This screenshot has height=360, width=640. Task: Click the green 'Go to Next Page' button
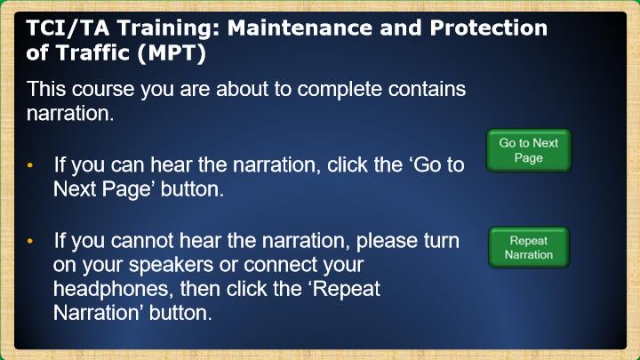point(529,150)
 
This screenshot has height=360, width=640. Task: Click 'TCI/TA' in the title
point(68,28)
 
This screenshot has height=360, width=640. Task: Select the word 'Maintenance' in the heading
point(300,28)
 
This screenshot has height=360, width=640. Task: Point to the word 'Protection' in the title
point(488,28)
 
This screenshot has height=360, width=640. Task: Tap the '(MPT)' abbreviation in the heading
point(172,53)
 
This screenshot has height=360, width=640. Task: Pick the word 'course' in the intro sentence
point(103,90)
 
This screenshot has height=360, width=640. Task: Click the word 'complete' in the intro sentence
point(340,90)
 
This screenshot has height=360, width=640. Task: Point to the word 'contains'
point(427,89)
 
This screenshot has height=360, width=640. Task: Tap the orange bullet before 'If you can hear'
point(30,165)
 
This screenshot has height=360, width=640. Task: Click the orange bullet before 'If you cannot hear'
point(30,241)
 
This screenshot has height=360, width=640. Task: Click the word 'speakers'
point(171,266)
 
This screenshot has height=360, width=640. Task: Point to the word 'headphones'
point(110,290)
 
